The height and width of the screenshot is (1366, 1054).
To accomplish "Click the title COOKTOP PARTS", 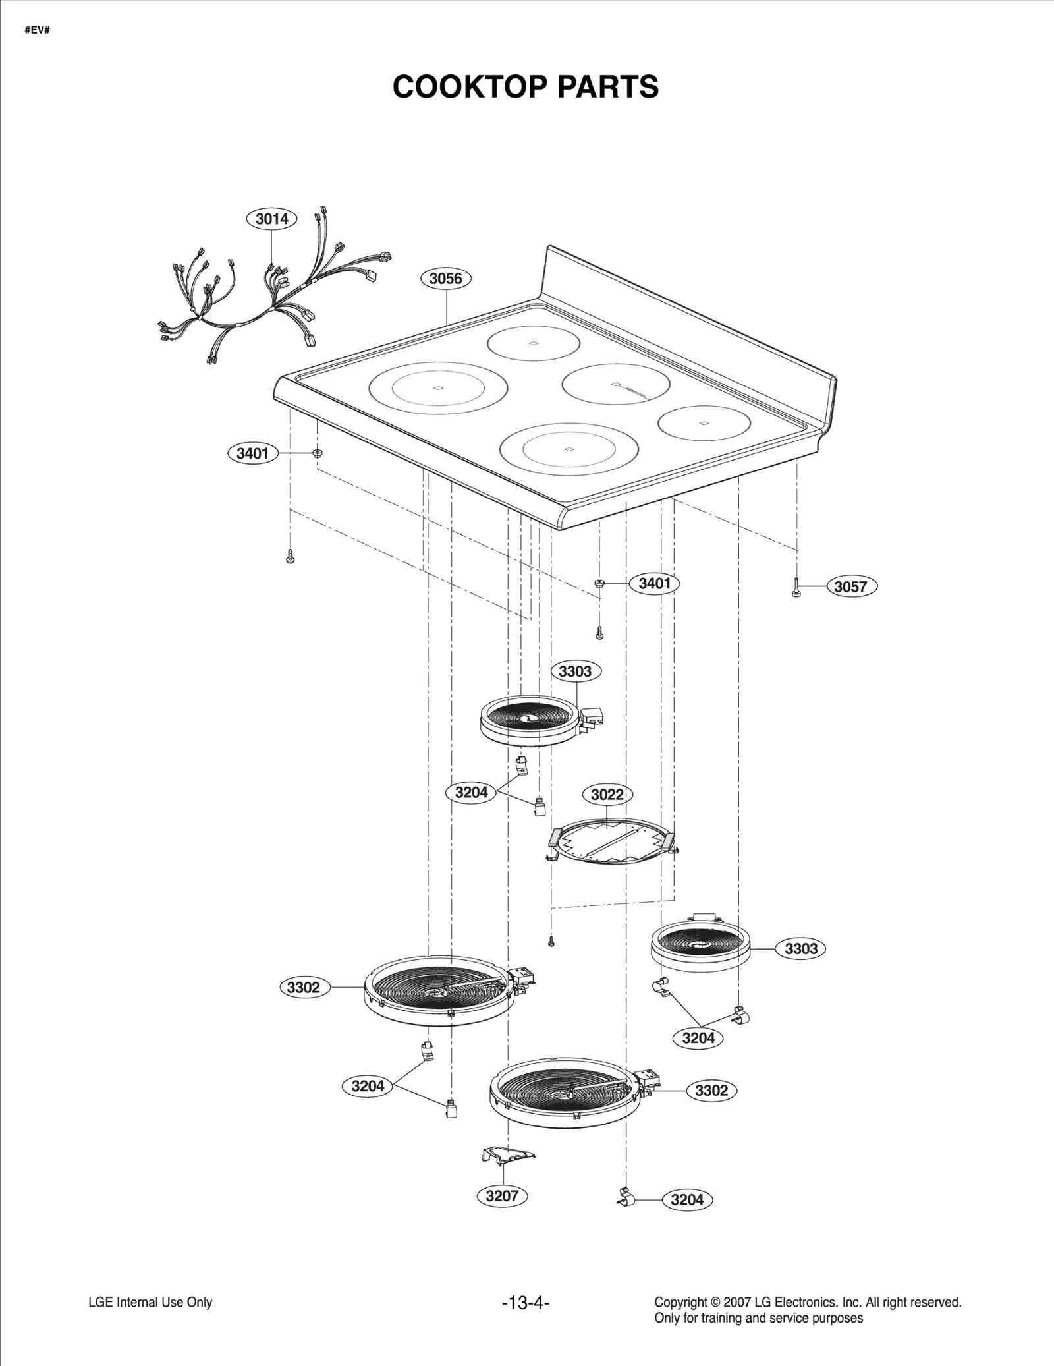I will [x=525, y=86].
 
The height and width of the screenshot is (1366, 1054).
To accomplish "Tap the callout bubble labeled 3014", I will [x=271, y=219].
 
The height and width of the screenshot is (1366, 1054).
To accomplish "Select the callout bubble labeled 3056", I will [x=445, y=278].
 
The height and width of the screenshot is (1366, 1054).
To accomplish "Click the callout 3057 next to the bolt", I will [x=851, y=586].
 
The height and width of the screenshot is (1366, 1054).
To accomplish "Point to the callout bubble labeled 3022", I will [x=607, y=795].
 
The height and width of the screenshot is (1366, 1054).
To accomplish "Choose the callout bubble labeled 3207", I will [x=502, y=1196].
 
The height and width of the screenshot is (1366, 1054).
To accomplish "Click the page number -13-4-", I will [x=525, y=1303].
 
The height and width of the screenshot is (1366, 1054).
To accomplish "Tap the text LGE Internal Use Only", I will [x=150, y=1303].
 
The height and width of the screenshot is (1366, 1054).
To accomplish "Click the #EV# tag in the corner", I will [x=38, y=31].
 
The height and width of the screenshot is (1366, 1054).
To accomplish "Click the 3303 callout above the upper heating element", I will [x=575, y=671].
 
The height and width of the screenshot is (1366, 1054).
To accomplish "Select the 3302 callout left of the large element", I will [x=303, y=987].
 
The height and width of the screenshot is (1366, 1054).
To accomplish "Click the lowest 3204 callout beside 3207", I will [x=687, y=1200].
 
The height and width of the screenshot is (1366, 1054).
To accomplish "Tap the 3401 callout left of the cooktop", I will [x=253, y=453].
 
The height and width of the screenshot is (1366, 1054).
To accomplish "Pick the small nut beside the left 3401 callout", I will [x=317, y=453].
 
